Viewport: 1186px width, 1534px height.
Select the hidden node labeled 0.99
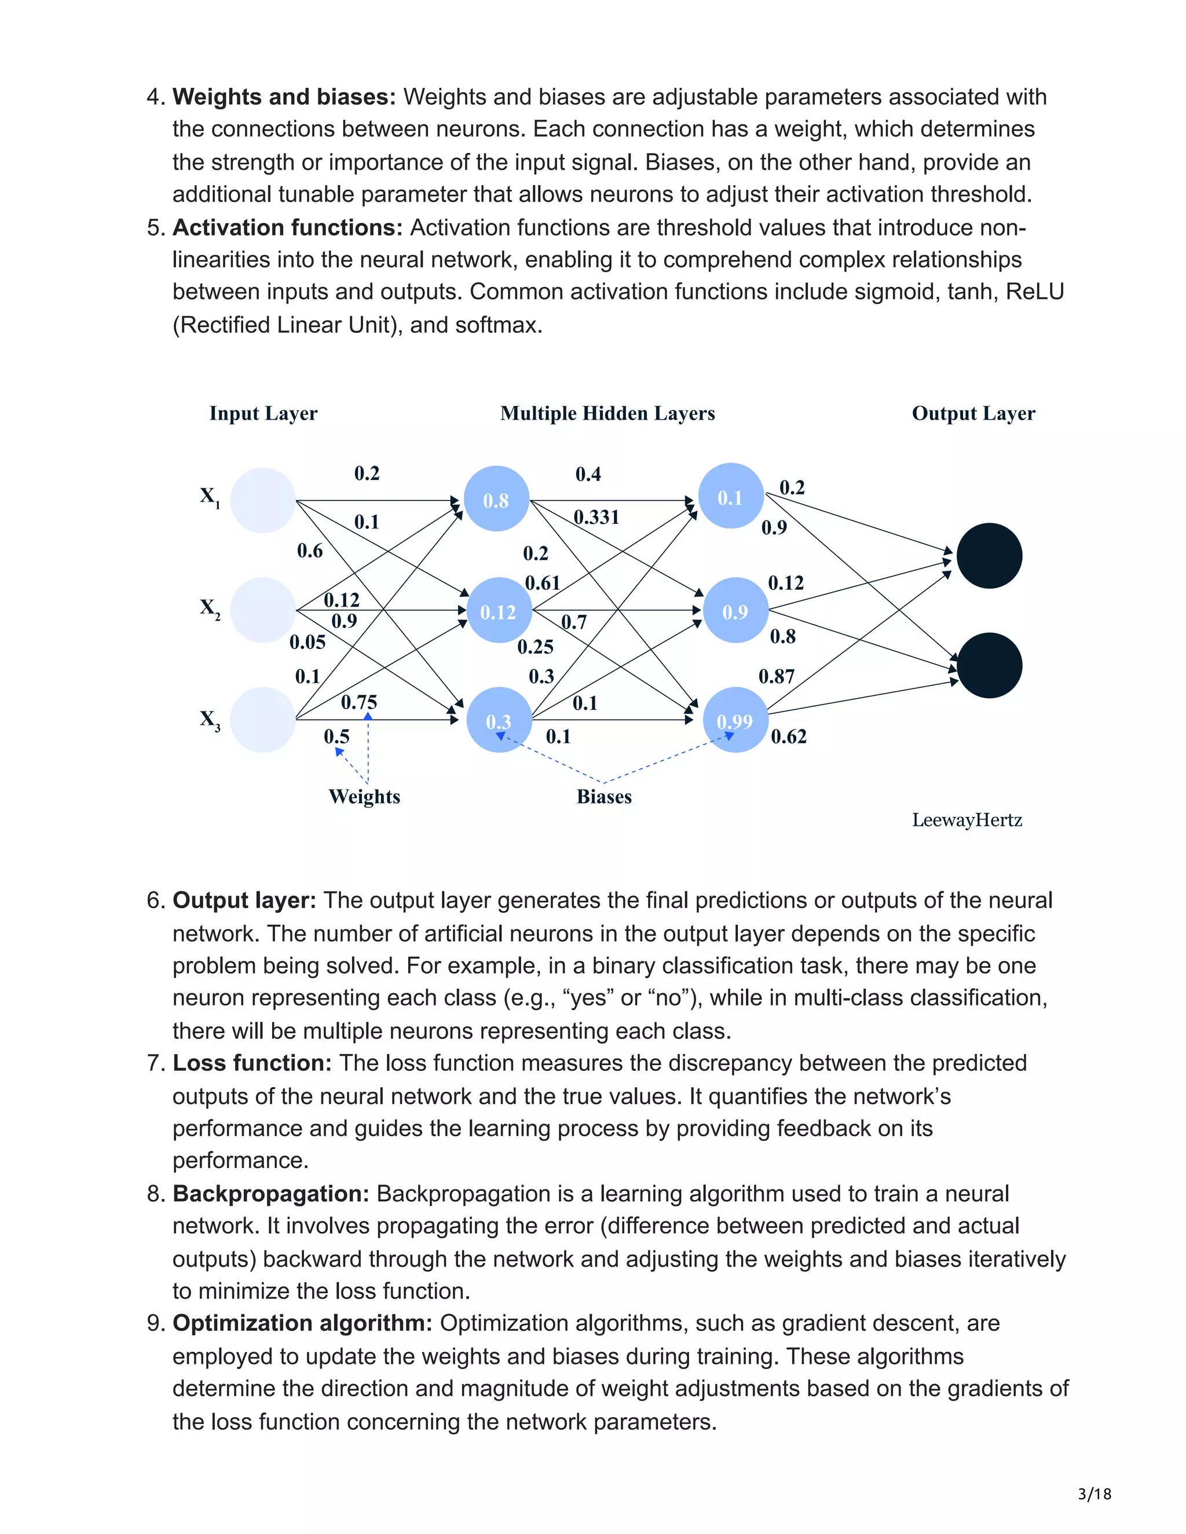click(735, 720)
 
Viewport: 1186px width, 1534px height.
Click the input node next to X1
click(263, 500)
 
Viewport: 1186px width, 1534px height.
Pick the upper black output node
click(989, 556)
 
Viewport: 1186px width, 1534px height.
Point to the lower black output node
click(989, 665)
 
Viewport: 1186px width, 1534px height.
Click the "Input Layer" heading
click(263, 413)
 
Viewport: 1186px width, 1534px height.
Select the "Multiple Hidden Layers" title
click(607, 413)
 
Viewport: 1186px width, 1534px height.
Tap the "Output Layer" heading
click(973, 413)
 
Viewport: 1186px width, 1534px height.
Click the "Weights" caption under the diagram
click(364, 797)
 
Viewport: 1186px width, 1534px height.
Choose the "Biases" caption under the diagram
click(603, 797)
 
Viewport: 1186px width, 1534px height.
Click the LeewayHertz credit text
click(967, 820)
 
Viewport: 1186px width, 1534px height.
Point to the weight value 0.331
click(596, 517)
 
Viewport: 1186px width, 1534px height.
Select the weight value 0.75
click(358, 702)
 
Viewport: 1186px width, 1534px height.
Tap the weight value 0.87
click(777, 676)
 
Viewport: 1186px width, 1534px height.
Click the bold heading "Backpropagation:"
click(271, 1194)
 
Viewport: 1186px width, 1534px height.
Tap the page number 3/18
click(1095, 1493)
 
